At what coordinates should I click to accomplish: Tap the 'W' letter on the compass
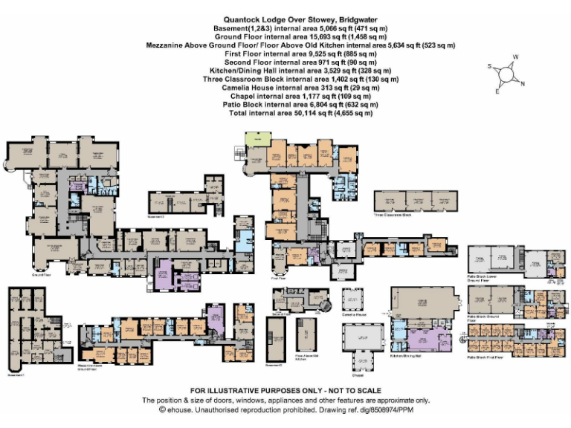[515, 58]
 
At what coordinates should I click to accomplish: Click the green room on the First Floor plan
[257, 140]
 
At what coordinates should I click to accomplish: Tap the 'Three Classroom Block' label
[392, 218]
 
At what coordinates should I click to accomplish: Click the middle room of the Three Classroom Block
[416, 201]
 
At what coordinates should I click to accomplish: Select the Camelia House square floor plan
[354, 299]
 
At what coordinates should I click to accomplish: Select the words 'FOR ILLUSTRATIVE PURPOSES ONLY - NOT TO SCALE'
[285, 390]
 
